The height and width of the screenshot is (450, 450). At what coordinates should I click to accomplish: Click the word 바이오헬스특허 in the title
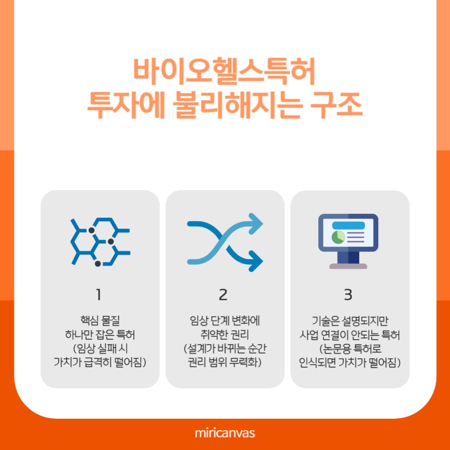click(225, 71)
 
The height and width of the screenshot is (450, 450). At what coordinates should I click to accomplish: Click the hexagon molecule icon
click(100, 242)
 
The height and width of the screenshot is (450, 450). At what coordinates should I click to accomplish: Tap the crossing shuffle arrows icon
click(225, 242)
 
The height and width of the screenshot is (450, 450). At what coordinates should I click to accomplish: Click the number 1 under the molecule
click(98, 294)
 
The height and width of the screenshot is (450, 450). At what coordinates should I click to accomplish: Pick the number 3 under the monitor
click(348, 294)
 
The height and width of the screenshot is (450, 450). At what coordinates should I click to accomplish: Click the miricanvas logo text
click(225, 433)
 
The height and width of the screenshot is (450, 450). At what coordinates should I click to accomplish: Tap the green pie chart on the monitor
click(338, 237)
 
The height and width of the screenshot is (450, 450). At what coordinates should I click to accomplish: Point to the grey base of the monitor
click(348, 266)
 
